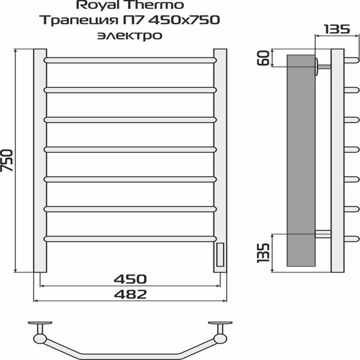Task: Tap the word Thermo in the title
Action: point(150,6)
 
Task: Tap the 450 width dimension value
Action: point(131,279)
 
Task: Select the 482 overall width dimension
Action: point(131,294)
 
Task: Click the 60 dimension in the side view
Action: point(263,61)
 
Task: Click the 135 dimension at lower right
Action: point(263,251)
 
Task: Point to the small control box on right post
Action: point(220,255)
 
